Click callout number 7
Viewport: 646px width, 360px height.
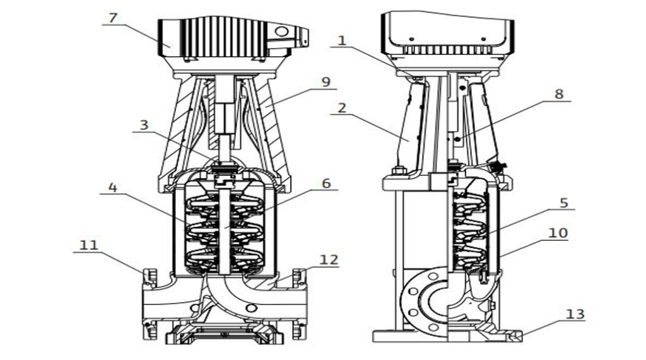click(x=113, y=18)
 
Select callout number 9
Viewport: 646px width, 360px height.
click(x=326, y=82)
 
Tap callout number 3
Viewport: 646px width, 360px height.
click(x=144, y=125)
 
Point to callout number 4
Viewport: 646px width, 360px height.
click(x=112, y=188)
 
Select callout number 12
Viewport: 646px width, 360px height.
click(x=329, y=260)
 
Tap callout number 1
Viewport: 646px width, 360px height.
click(x=342, y=41)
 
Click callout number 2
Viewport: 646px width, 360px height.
click(x=342, y=108)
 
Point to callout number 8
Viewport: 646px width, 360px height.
click(x=559, y=94)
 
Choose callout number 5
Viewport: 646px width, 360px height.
click(x=563, y=202)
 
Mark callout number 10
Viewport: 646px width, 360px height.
click(x=558, y=233)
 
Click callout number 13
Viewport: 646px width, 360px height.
click(x=575, y=314)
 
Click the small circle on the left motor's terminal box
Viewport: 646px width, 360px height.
click(x=282, y=32)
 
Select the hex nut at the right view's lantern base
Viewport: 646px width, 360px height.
click(x=399, y=170)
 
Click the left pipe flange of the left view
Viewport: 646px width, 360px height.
click(x=150, y=303)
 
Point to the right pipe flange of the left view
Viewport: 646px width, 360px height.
click(x=299, y=303)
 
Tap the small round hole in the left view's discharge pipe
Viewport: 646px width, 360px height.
click(x=251, y=308)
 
